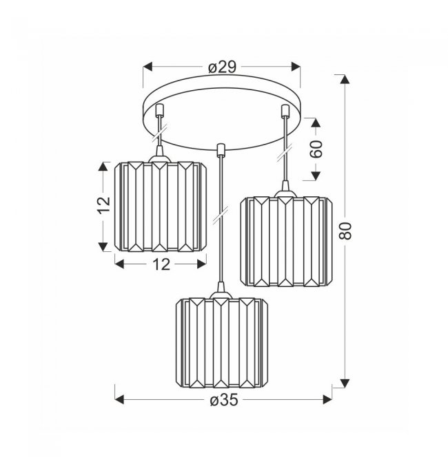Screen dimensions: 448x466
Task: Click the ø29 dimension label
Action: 222,67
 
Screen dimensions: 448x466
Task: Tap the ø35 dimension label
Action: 224,400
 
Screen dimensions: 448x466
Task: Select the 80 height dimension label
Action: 345,231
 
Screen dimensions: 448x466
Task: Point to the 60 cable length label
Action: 316,149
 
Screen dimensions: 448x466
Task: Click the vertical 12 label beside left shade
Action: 103,204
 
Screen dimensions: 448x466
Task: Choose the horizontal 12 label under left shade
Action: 161,264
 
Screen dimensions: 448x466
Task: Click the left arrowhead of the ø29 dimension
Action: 147,67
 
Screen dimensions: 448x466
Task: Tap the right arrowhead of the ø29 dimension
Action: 296,67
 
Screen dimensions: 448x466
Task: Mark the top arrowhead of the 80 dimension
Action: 345,79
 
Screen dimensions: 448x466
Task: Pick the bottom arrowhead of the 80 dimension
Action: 345,383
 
